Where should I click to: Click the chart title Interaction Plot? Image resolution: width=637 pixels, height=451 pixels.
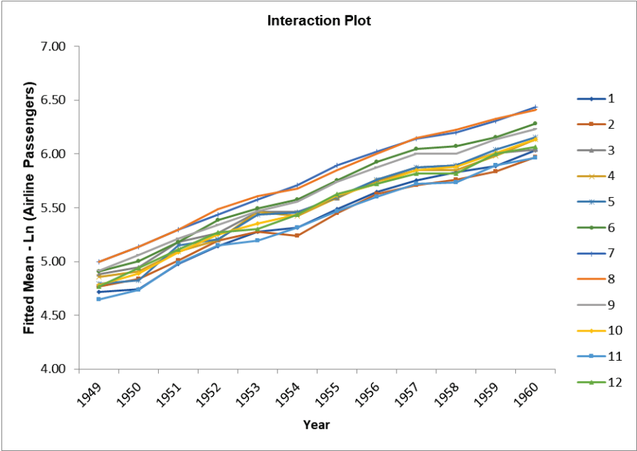coord(319,20)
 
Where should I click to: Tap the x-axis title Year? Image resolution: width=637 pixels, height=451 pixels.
coord(316,425)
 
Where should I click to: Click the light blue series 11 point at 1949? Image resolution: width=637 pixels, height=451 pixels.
coord(99,299)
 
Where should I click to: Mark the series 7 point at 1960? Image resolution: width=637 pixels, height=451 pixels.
coord(535,107)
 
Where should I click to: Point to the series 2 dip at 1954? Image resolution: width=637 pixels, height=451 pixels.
coord(297,235)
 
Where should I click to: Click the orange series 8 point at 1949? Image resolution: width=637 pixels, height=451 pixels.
coord(99,262)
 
